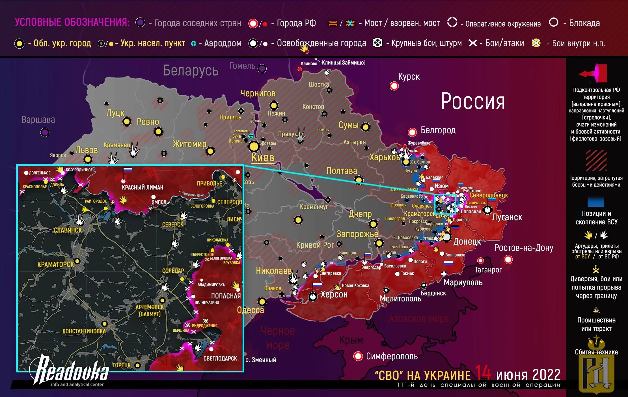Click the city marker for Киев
tap(254, 146)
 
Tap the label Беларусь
tap(191, 70)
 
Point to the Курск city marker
tap(394, 86)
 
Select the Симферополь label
tap(392, 356)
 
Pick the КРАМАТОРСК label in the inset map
tap(56, 264)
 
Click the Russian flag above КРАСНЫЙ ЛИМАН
tap(128, 170)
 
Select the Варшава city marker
tap(45, 132)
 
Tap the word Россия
tap(472, 101)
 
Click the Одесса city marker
tap(262, 301)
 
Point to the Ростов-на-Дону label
tap(523, 248)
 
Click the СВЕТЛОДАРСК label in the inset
tap(220, 358)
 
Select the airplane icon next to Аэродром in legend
tap(194, 44)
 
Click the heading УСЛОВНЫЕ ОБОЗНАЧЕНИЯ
tap(72, 22)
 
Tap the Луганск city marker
tap(487, 210)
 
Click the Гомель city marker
tap(262, 68)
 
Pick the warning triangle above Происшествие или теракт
tap(596, 310)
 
